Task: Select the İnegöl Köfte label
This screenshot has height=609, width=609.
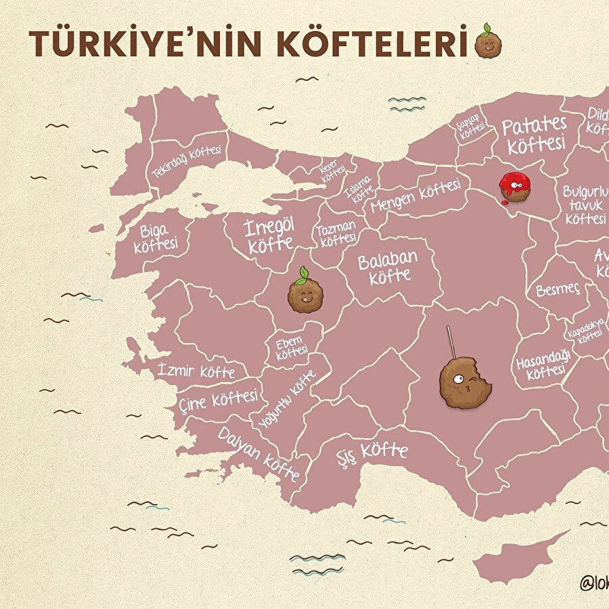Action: [x=270, y=235]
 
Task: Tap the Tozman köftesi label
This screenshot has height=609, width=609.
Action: [x=336, y=233]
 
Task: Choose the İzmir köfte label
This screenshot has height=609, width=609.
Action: [x=196, y=370]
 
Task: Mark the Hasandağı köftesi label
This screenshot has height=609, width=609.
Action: [x=543, y=363]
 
